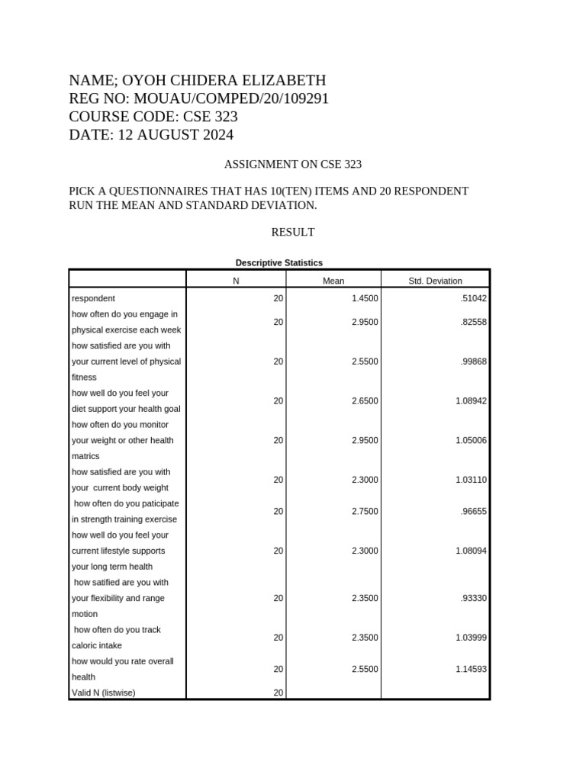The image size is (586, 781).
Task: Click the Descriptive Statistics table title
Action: (x=279, y=262)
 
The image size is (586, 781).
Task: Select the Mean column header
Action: (x=333, y=281)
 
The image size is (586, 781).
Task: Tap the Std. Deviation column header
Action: (x=435, y=281)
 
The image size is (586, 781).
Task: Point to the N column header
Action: (x=237, y=281)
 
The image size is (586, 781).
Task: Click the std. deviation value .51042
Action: (x=473, y=298)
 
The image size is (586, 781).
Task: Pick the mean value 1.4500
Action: (x=365, y=298)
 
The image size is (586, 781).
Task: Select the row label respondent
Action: (x=93, y=298)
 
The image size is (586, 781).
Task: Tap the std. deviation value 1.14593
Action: (x=471, y=669)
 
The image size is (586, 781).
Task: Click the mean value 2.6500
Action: (x=365, y=400)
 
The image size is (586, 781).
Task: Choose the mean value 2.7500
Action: (x=365, y=511)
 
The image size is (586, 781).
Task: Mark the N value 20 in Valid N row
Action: (x=278, y=693)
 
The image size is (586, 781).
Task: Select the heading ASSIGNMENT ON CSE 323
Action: (x=292, y=164)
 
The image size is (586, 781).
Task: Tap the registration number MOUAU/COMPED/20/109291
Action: (x=231, y=98)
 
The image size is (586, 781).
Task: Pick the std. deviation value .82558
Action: (x=473, y=322)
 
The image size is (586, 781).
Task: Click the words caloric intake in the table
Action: (x=96, y=645)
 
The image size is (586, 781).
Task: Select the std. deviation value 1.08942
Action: (x=471, y=400)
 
